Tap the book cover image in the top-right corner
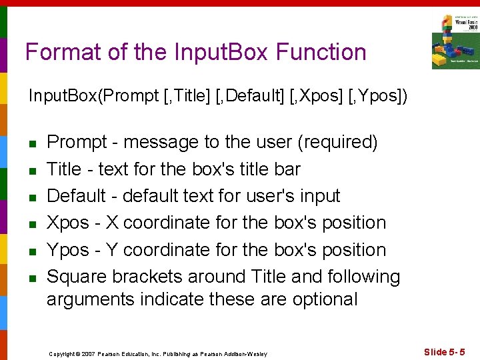coord(455,41)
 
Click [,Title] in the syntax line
coord(193,97)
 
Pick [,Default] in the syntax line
coord(259,97)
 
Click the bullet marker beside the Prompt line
coord(31,143)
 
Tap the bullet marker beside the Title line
coord(31,171)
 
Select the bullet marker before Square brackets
coord(31,278)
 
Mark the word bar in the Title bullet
coord(287,169)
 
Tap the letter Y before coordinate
coord(112,250)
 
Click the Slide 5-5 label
coord(445,351)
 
